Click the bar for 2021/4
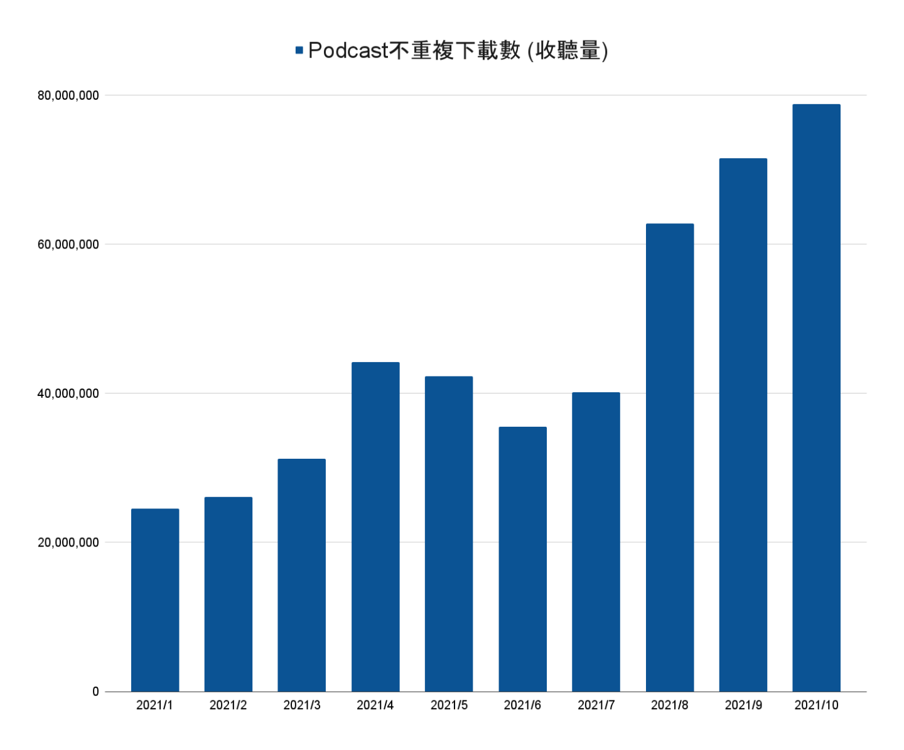tap(375, 527)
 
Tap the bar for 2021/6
tap(522, 559)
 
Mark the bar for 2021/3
tap(301, 575)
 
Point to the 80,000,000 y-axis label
tap(68, 95)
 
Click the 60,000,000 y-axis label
tap(68, 244)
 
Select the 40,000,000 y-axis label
tap(68, 394)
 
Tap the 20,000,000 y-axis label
tap(68, 542)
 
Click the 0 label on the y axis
tap(95, 692)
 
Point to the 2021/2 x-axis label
tap(228, 705)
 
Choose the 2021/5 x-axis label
tap(449, 705)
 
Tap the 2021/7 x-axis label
tap(596, 705)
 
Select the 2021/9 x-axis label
tap(743, 705)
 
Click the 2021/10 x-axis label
tap(816, 705)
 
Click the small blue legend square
tap(299, 50)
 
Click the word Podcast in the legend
tap(348, 50)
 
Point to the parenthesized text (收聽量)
tap(568, 50)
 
